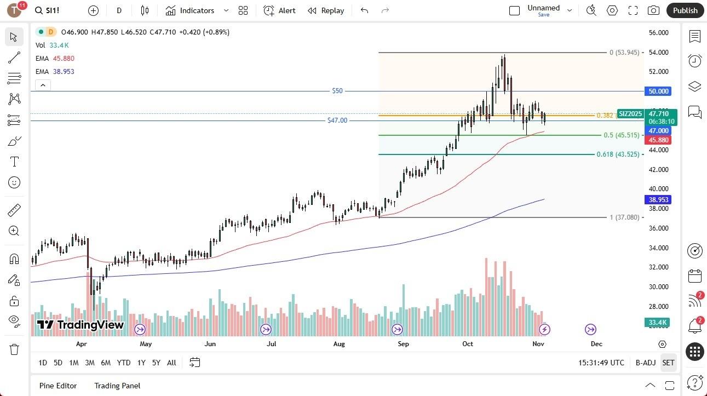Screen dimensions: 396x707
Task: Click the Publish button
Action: tap(685, 10)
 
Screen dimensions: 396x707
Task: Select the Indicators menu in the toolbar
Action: tap(197, 10)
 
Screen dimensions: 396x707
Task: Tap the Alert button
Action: tap(279, 10)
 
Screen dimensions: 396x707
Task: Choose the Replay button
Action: tap(326, 10)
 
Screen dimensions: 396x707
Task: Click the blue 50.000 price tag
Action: tap(658, 91)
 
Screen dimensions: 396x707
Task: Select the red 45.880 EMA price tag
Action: tap(658, 140)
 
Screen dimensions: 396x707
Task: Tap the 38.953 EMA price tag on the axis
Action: tap(658, 199)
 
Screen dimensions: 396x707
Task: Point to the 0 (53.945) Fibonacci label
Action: tap(624, 53)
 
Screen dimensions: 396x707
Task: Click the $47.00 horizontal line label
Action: tap(337, 120)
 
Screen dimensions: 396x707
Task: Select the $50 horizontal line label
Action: tap(337, 91)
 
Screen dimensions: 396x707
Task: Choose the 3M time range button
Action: tap(89, 363)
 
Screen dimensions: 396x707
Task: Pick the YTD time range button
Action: tap(124, 363)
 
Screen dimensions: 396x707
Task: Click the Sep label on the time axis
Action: tap(403, 344)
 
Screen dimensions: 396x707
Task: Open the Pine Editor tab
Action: tap(58, 386)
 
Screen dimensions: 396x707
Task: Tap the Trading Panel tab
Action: tap(118, 386)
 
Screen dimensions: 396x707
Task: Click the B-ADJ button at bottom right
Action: tap(646, 363)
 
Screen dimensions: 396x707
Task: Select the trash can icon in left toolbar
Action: tap(14, 349)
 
